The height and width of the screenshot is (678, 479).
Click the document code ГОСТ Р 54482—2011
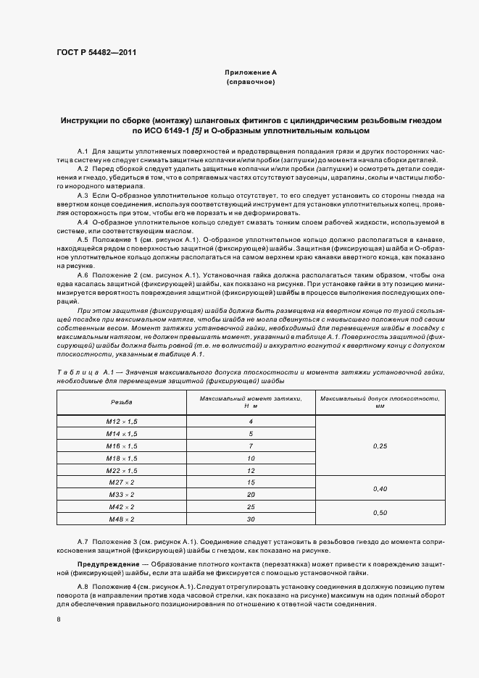(96, 53)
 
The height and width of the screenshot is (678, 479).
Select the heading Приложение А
(250, 73)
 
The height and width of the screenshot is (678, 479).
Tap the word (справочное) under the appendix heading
(250, 83)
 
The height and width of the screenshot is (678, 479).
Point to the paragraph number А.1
(83, 150)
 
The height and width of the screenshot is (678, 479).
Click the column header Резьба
(121, 401)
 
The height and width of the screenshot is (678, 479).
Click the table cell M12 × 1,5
(121, 421)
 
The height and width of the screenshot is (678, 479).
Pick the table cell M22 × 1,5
(121, 469)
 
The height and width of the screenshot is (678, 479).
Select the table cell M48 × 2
(121, 519)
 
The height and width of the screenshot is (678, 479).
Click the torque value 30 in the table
(250, 519)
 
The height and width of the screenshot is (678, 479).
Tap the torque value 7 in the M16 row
(250, 445)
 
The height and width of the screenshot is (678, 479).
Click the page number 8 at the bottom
(59, 619)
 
